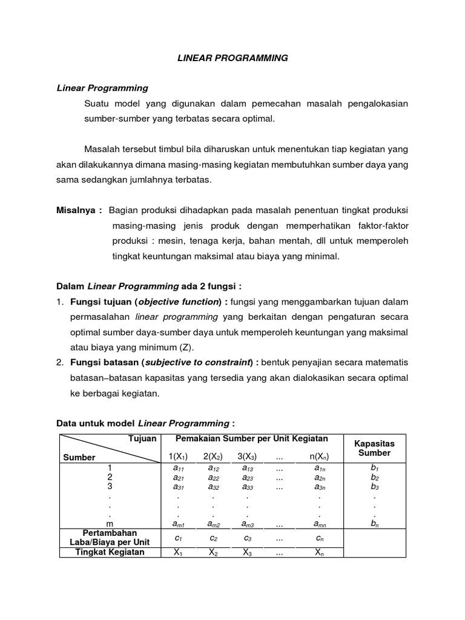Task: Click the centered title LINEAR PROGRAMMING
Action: tap(232, 58)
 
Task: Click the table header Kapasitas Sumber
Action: tap(374, 448)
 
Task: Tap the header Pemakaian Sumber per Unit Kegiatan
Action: tap(251, 438)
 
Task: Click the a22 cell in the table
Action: tap(214, 477)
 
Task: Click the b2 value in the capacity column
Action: tap(374, 477)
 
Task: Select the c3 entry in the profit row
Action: tap(248, 538)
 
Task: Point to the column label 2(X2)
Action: tap(214, 457)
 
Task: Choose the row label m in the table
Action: tap(110, 523)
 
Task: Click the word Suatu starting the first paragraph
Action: tap(97, 104)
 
